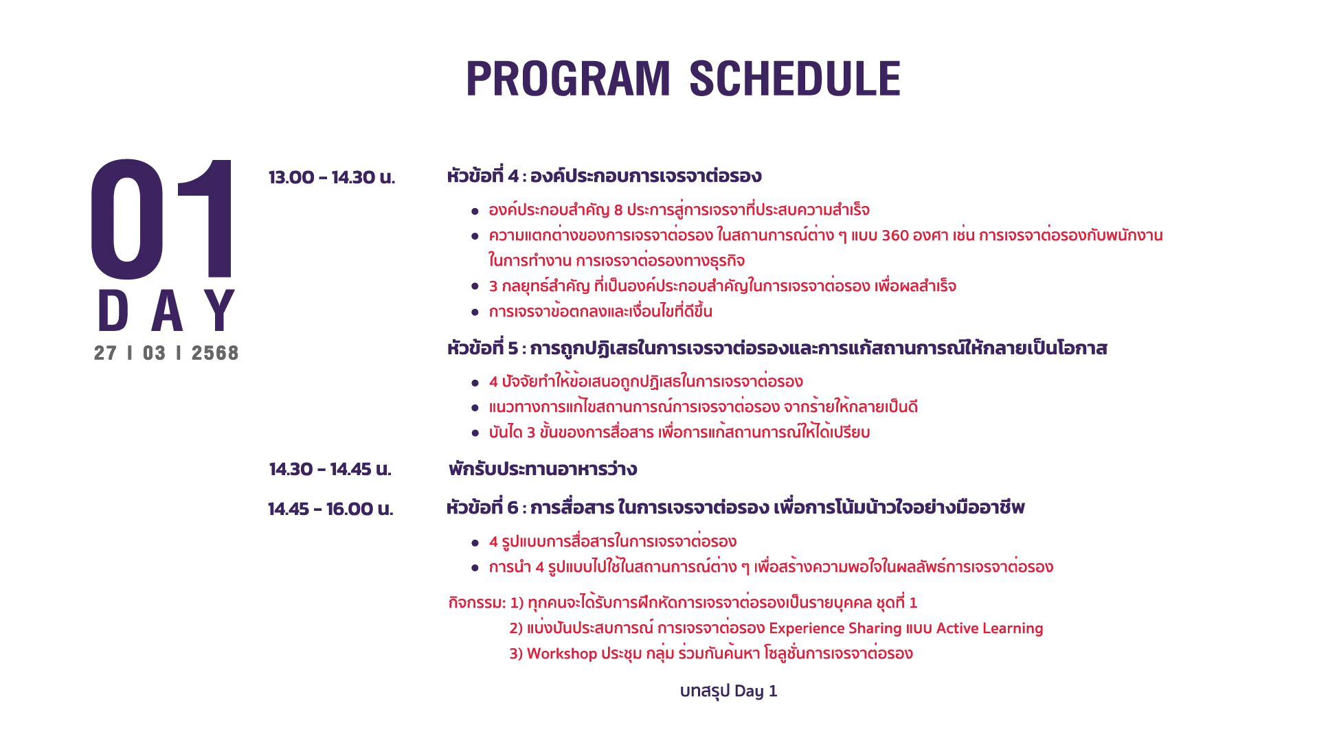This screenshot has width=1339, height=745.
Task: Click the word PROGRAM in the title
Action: pos(567,78)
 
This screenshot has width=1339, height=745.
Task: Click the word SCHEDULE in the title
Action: pos(794,78)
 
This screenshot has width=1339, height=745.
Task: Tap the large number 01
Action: pos(163,219)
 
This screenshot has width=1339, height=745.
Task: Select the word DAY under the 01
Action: pos(167,311)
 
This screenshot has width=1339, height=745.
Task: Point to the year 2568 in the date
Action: pos(215,353)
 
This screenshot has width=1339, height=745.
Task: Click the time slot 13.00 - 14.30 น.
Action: pos(332,177)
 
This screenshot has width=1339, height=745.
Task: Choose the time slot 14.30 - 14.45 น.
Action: pos(330,469)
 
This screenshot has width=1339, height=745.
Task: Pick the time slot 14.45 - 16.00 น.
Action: pos(330,509)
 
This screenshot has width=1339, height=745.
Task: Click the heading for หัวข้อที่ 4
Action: pos(604,176)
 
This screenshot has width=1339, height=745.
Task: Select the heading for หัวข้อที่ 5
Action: pos(777,347)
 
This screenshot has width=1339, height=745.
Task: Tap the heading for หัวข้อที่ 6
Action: pos(735,507)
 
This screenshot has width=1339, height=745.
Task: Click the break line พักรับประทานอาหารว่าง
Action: pos(543,469)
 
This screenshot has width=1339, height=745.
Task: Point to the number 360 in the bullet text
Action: pos(895,236)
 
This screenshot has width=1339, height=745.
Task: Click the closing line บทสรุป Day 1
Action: pos(728,691)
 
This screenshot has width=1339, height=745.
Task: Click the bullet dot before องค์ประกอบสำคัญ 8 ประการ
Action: pos(475,211)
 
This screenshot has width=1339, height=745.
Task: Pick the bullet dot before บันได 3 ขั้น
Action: pos(475,433)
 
